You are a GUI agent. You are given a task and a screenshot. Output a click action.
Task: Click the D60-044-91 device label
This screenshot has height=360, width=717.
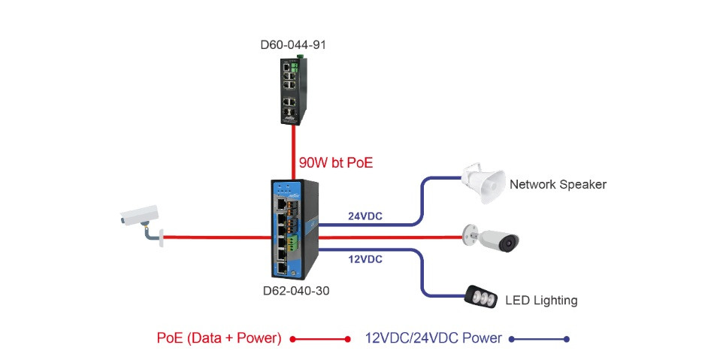point(293,44)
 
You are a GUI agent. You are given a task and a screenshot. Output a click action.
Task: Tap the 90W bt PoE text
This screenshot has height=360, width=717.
point(335,162)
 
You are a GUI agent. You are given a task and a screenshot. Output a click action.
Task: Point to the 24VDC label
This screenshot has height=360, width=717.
point(365,216)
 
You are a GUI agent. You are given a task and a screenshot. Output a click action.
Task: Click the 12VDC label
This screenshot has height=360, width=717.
point(365,259)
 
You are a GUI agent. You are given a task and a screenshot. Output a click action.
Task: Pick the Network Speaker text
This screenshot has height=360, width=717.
point(557,184)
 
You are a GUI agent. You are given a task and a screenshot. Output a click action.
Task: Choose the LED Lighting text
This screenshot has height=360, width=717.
point(540,301)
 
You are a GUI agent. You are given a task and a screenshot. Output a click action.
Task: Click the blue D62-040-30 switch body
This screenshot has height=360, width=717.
point(295,228)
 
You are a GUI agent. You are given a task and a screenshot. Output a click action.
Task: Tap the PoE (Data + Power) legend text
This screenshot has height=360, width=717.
point(219,338)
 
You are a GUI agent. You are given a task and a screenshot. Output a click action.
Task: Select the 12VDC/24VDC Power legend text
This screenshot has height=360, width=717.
point(433,338)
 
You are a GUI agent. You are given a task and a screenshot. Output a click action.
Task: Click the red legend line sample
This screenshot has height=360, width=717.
point(320,339)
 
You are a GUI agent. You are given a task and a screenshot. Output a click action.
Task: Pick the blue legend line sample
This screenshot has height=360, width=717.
point(539,339)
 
